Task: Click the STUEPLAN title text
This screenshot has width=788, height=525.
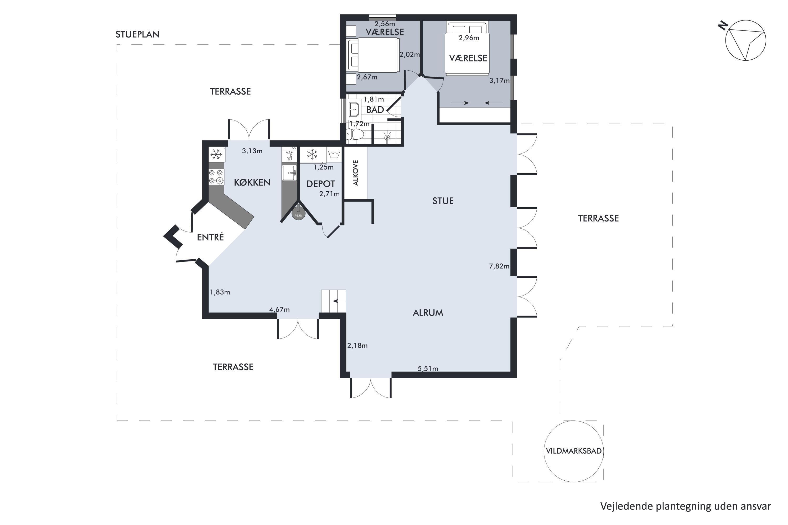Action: point(137,34)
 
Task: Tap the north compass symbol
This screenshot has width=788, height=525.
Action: point(745,40)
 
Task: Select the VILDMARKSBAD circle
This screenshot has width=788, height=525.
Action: point(574,451)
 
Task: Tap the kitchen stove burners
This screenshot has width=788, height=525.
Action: point(216,177)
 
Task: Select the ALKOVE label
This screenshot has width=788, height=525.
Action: point(356,173)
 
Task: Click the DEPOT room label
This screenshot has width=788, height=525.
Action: point(321,184)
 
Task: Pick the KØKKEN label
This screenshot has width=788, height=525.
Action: point(252,182)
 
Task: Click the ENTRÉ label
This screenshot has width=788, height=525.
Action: point(210,237)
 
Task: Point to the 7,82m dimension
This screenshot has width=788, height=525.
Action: point(499,266)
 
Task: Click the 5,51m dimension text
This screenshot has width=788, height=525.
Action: point(428,369)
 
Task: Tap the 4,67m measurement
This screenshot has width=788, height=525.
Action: point(279,310)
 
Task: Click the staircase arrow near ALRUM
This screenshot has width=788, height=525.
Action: point(339,301)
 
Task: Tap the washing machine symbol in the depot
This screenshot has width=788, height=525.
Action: point(334,154)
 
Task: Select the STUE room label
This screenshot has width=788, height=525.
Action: point(443,201)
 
